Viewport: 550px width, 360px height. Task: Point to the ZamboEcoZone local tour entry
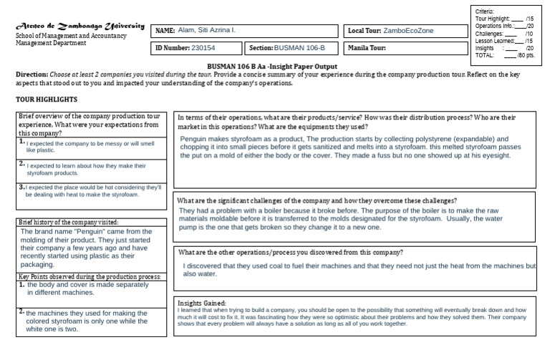[408, 31]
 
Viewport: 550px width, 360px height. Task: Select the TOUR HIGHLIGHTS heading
[47, 99]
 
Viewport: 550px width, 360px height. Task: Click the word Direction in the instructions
[32, 74]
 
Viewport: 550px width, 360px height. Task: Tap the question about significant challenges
[317, 200]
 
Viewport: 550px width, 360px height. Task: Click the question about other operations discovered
[290, 253]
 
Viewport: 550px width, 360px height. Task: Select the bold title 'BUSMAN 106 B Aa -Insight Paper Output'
[276, 67]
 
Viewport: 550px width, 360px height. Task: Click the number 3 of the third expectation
[21, 187]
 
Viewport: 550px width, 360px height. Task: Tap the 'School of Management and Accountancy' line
[71, 35]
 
